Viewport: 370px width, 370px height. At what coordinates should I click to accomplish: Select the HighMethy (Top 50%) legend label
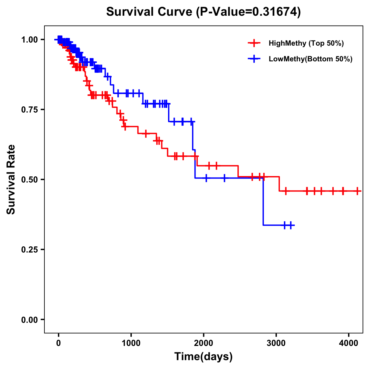[306, 43]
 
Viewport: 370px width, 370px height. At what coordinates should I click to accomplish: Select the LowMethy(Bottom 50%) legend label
[310, 59]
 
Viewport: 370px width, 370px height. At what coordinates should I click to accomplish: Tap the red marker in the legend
[254, 43]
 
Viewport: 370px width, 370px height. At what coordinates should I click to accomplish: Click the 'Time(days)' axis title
[203, 357]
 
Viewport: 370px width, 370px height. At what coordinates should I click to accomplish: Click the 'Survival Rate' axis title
[11, 179]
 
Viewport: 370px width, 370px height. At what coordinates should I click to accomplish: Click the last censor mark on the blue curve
[291, 225]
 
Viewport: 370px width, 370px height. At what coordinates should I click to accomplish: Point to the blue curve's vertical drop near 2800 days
[263, 202]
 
